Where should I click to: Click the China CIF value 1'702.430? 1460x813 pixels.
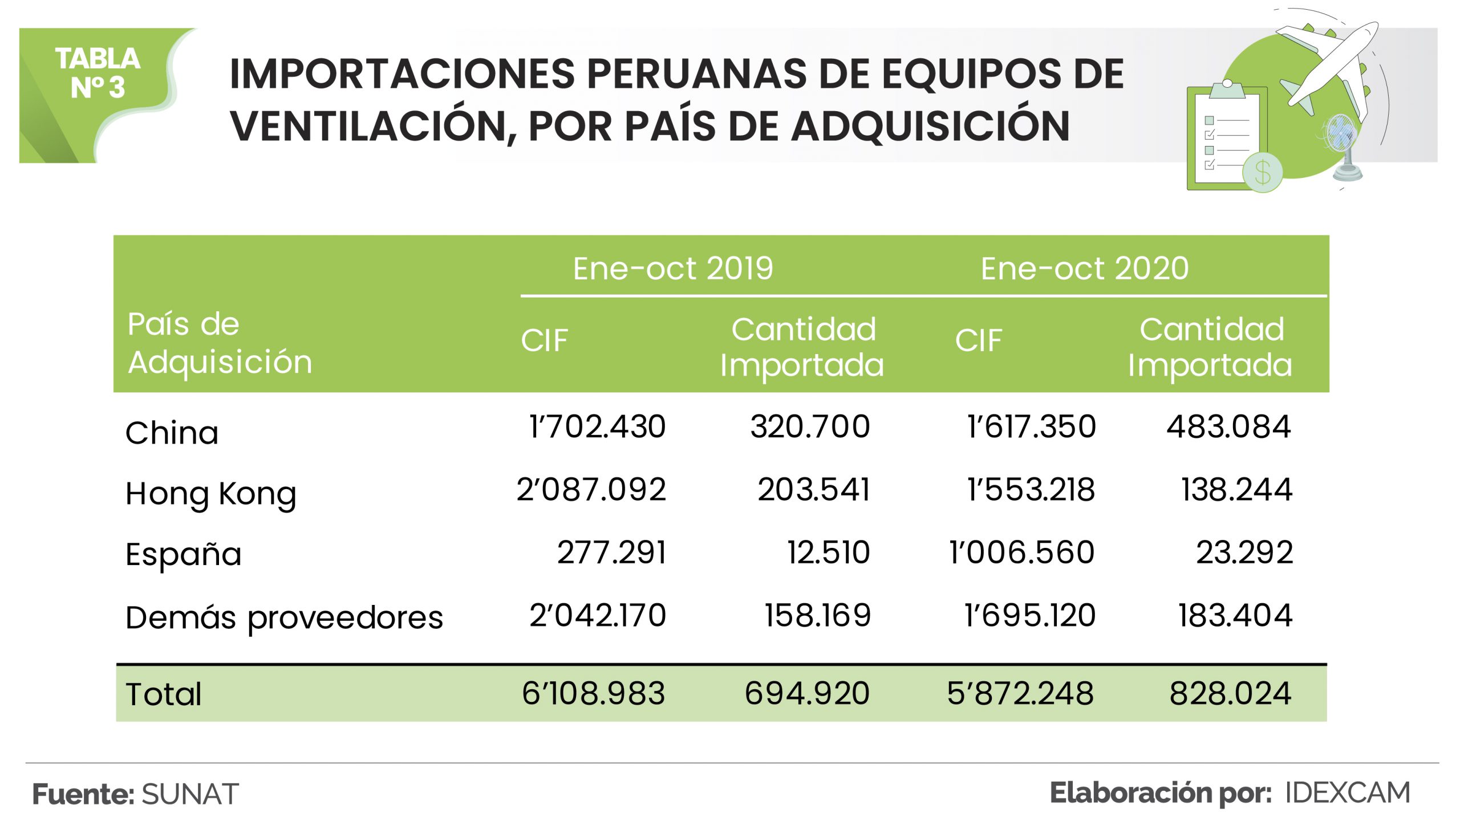pyautogui.click(x=597, y=426)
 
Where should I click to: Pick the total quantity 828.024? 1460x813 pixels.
pyautogui.click(x=1230, y=693)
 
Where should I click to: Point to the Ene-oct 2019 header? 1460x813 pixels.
pyautogui.click(x=672, y=269)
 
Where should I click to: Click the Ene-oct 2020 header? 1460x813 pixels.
pyautogui.click(x=1084, y=269)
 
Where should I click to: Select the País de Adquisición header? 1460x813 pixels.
pyautogui.click(x=220, y=343)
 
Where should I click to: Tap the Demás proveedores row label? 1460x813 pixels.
pyautogui.click(x=284, y=617)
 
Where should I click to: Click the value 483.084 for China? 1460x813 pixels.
pyautogui.click(x=1228, y=426)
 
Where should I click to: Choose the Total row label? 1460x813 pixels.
pyautogui.click(x=164, y=694)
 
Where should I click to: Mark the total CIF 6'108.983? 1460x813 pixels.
pyautogui.click(x=593, y=693)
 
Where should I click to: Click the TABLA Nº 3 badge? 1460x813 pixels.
pyautogui.click(x=98, y=74)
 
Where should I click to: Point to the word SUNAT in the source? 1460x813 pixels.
pyautogui.click(x=190, y=794)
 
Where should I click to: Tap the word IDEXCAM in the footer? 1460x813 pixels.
pyautogui.click(x=1347, y=793)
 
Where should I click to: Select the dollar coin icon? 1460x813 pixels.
pyautogui.click(x=1263, y=172)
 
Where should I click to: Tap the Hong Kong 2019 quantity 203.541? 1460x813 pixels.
pyautogui.click(x=813, y=489)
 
